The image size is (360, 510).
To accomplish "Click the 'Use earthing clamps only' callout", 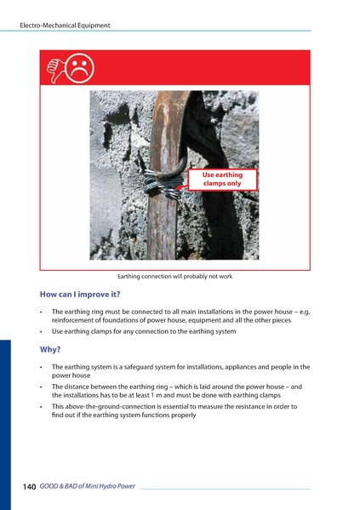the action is (222, 179).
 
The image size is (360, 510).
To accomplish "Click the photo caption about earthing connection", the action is (174, 277).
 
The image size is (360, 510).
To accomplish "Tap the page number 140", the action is (28, 486).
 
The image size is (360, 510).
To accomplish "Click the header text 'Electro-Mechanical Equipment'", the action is (65, 26).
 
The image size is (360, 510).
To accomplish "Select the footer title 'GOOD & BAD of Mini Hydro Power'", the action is (87, 486).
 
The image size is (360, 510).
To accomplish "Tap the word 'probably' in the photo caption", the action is (193, 277).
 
